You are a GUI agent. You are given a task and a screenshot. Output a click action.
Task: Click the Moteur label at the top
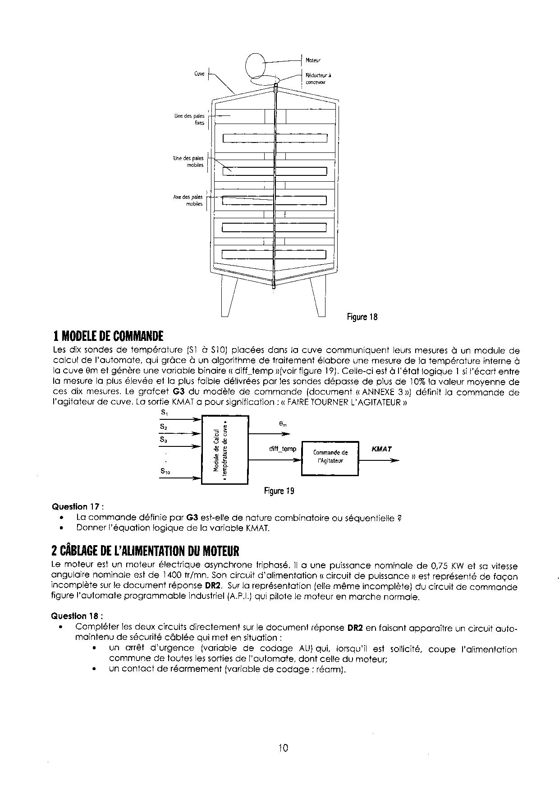click(313, 60)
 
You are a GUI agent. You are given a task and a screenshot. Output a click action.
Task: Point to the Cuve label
click(199, 73)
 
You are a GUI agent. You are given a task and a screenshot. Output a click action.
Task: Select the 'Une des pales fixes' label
click(189, 119)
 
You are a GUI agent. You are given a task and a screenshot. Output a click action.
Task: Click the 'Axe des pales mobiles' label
click(188, 200)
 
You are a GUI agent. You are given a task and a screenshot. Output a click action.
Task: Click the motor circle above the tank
click(256, 66)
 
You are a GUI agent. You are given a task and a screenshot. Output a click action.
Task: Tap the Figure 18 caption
click(362, 317)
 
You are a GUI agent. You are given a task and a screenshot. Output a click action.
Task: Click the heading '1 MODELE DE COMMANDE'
click(108, 336)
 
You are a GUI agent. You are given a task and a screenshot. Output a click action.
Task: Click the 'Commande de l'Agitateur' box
click(330, 457)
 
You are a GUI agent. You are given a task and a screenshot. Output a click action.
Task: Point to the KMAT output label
click(381, 449)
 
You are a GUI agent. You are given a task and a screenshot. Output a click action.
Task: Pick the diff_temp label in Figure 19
click(283, 449)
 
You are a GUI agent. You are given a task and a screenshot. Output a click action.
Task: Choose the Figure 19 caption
click(279, 491)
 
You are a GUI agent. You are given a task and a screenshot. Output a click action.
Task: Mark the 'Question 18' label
click(77, 616)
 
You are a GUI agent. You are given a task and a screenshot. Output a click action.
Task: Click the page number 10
click(283, 748)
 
